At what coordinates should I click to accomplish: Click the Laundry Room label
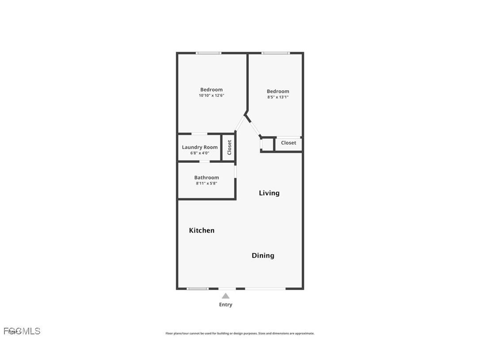(x=200, y=147)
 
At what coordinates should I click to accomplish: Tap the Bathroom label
(x=206, y=177)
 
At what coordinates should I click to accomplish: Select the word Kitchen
(x=202, y=230)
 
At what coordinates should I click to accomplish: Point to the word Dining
(x=263, y=256)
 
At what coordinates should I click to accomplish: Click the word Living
(x=269, y=193)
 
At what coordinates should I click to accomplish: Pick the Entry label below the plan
(x=225, y=305)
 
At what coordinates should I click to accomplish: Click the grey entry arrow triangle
(x=225, y=296)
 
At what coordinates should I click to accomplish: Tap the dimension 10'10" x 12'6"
(x=211, y=96)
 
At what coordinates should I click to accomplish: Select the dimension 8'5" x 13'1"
(x=278, y=97)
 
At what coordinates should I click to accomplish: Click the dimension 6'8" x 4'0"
(x=200, y=153)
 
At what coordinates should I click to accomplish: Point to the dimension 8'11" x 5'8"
(x=206, y=183)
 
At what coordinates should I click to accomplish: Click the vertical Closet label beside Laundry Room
(x=229, y=147)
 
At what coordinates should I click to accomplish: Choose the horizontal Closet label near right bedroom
(x=289, y=143)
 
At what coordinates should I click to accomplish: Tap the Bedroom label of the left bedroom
(x=211, y=89)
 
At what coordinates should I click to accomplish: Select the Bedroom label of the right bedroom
(x=278, y=92)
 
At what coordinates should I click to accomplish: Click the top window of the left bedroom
(x=209, y=53)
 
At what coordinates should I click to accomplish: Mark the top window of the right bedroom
(x=275, y=53)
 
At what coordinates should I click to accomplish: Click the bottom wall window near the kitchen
(x=198, y=289)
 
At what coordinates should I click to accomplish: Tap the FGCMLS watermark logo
(x=22, y=331)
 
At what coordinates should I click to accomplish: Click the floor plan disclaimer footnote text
(x=240, y=333)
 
